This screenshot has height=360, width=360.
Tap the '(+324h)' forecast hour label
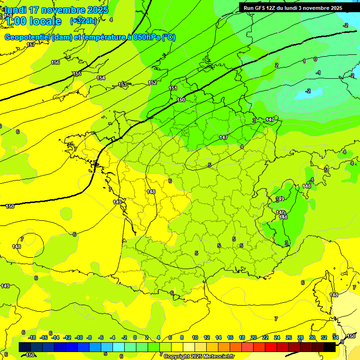pos(83,21)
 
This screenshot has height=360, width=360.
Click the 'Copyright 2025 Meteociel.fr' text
pos(199,356)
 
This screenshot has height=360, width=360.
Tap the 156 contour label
pos(55,62)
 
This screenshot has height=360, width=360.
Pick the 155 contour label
pos(77,74)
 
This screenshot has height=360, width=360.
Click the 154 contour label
pos(101,78)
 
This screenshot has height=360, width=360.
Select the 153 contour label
pos(122,84)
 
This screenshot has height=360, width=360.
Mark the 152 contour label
pos(152,82)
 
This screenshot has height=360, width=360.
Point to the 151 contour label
pos(173,88)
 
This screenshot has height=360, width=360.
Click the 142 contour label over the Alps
pos(280,212)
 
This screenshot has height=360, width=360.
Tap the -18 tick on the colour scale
pos(32,337)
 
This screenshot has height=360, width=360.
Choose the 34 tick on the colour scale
pos(335,337)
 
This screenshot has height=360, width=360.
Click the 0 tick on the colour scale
pos(135,337)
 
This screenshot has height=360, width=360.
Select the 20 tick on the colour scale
pos(254,337)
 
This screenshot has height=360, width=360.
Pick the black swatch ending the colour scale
pos(330,347)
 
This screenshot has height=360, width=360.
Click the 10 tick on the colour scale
pos(195,337)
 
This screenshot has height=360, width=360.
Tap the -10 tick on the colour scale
pos(79,337)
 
